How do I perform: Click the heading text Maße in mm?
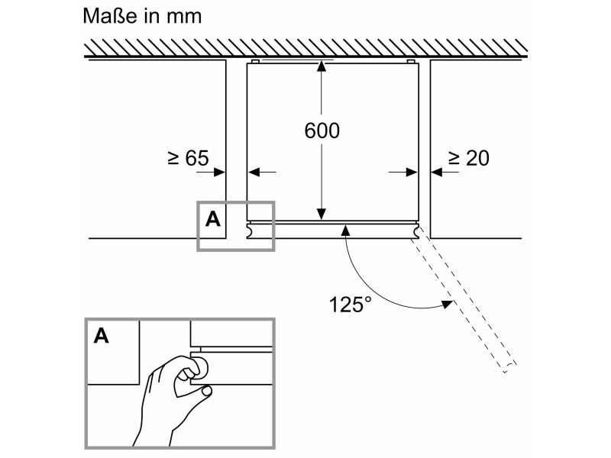pos(142,16)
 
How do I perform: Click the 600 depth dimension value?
pos(322,131)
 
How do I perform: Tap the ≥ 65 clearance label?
pos(189,158)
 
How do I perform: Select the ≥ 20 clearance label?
pos(469,158)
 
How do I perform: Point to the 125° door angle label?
pos(351,304)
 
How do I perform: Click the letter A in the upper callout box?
pos(213,219)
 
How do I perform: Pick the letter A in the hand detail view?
pos(102,335)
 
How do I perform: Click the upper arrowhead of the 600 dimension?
pos(321,66)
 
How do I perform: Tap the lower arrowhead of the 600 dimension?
pos(321,214)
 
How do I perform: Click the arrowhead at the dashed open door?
pos(447,304)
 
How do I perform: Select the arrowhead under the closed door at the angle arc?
pos(345,231)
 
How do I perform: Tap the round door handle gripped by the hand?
pos(201,367)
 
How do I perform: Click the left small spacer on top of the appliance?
pos(255,62)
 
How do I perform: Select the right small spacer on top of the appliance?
pos(411,62)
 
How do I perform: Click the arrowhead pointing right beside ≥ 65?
pos(220,172)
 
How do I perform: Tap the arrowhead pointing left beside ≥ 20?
pos(436,172)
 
